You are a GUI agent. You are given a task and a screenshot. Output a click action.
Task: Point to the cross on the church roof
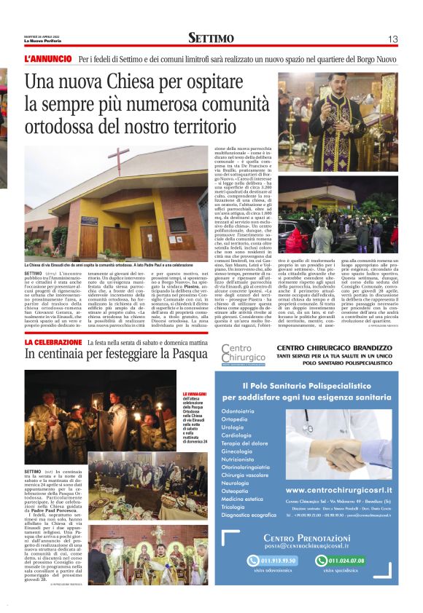119,159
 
